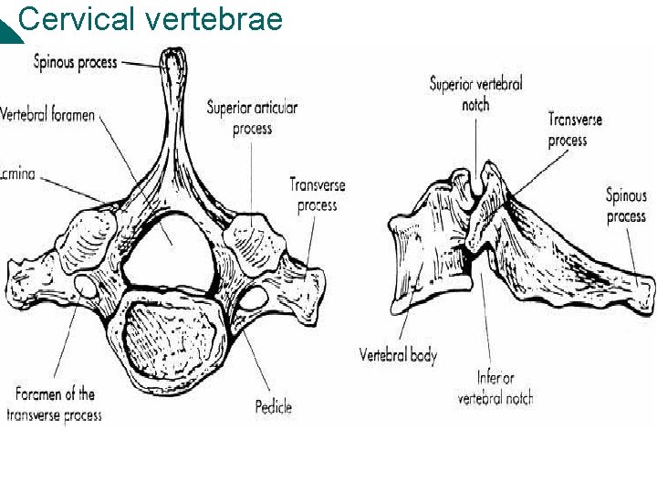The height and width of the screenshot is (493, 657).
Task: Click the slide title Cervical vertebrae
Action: point(151,18)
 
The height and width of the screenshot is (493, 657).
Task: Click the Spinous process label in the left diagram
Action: point(76,62)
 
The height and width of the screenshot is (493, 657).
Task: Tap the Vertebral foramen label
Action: point(47,116)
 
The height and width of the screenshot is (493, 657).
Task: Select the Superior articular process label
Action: point(252,118)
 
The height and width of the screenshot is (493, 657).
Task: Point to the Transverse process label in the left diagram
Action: point(318,194)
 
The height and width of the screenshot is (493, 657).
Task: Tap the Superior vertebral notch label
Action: point(475,94)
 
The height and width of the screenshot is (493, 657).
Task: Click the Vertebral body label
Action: point(398,355)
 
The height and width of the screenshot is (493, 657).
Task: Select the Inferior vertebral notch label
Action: point(495,387)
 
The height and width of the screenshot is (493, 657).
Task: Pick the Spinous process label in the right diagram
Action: point(626,205)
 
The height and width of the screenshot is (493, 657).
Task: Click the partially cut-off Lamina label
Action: point(17,173)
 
